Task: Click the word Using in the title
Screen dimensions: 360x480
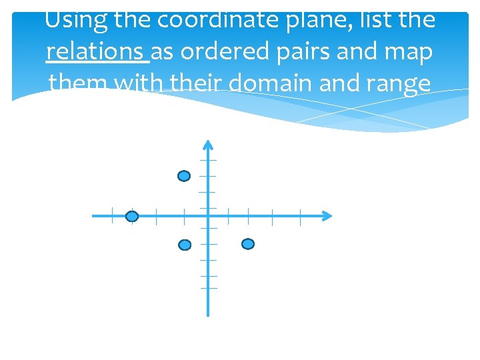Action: pos(75,19)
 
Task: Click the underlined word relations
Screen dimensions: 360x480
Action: pos(97,52)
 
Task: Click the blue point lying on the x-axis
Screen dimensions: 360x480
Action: pos(132,217)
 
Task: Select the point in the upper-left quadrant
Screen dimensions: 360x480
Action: pos(184,176)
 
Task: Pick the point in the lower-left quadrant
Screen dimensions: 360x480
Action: pos(185,245)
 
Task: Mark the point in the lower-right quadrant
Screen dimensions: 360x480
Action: pos(247,245)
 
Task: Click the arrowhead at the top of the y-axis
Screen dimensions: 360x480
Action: pos(208,145)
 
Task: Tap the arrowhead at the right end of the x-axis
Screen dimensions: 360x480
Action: pos(326,216)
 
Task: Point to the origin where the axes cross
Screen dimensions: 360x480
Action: pos(208,216)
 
